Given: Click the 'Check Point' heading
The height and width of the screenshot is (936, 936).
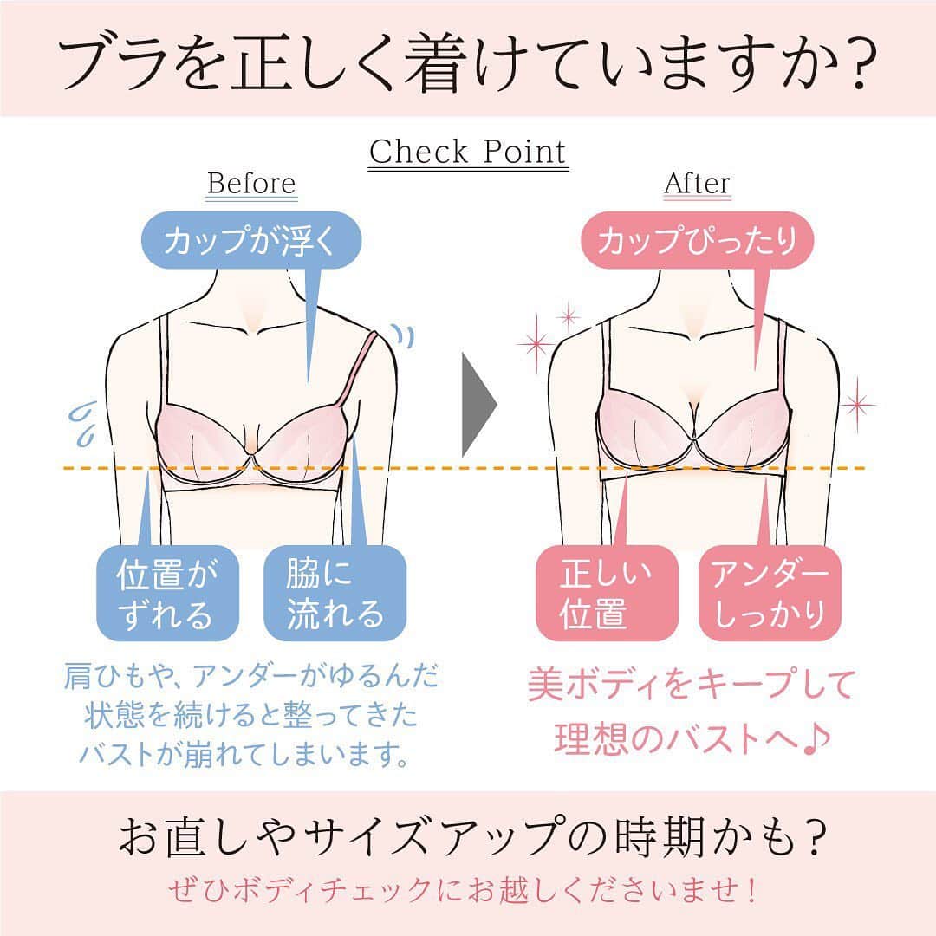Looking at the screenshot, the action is [x=467, y=152].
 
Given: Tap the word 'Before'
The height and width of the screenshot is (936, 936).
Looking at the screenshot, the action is [x=251, y=183].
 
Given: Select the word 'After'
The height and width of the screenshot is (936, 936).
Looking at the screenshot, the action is [x=697, y=183].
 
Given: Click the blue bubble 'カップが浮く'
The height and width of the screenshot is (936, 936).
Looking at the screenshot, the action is [x=251, y=240].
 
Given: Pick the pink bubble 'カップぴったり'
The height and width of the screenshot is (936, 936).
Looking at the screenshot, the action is [x=697, y=240].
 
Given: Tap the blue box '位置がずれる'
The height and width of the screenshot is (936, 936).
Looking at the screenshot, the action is [x=168, y=594].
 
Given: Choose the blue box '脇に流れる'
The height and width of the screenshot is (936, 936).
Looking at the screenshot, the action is [x=335, y=594].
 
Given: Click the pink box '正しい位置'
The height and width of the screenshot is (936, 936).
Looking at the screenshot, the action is [x=607, y=594].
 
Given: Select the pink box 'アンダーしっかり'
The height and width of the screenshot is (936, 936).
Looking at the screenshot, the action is [x=770, y=594].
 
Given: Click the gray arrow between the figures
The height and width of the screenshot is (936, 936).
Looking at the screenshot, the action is [x=478, y=404].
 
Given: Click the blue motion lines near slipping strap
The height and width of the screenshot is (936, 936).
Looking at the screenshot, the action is [x=403, y=335].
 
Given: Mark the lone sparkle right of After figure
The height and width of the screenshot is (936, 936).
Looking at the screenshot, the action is [x=857, y=405].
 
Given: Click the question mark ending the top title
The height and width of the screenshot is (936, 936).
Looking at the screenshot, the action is [x=860, y=63].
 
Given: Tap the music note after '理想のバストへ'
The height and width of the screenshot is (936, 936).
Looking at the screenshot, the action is [x=816, y=739].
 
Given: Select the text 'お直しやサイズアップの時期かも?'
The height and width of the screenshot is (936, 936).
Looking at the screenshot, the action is [x=472, y=835].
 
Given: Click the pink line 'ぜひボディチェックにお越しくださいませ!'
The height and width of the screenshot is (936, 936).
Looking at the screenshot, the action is [x=463, y=890].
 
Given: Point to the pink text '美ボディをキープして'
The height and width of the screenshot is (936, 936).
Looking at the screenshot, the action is [x=692, y=684].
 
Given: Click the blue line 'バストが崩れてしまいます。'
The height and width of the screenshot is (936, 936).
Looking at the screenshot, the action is [x=244, y=753].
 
